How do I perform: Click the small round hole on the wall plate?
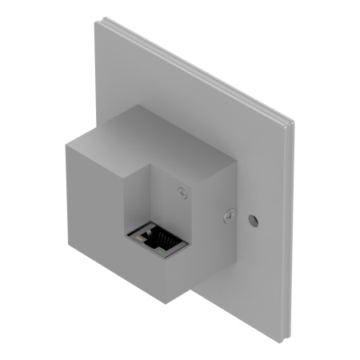click(254, 218)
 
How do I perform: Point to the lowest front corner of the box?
click(164, 303)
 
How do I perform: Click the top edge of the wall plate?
click(192, 68)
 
